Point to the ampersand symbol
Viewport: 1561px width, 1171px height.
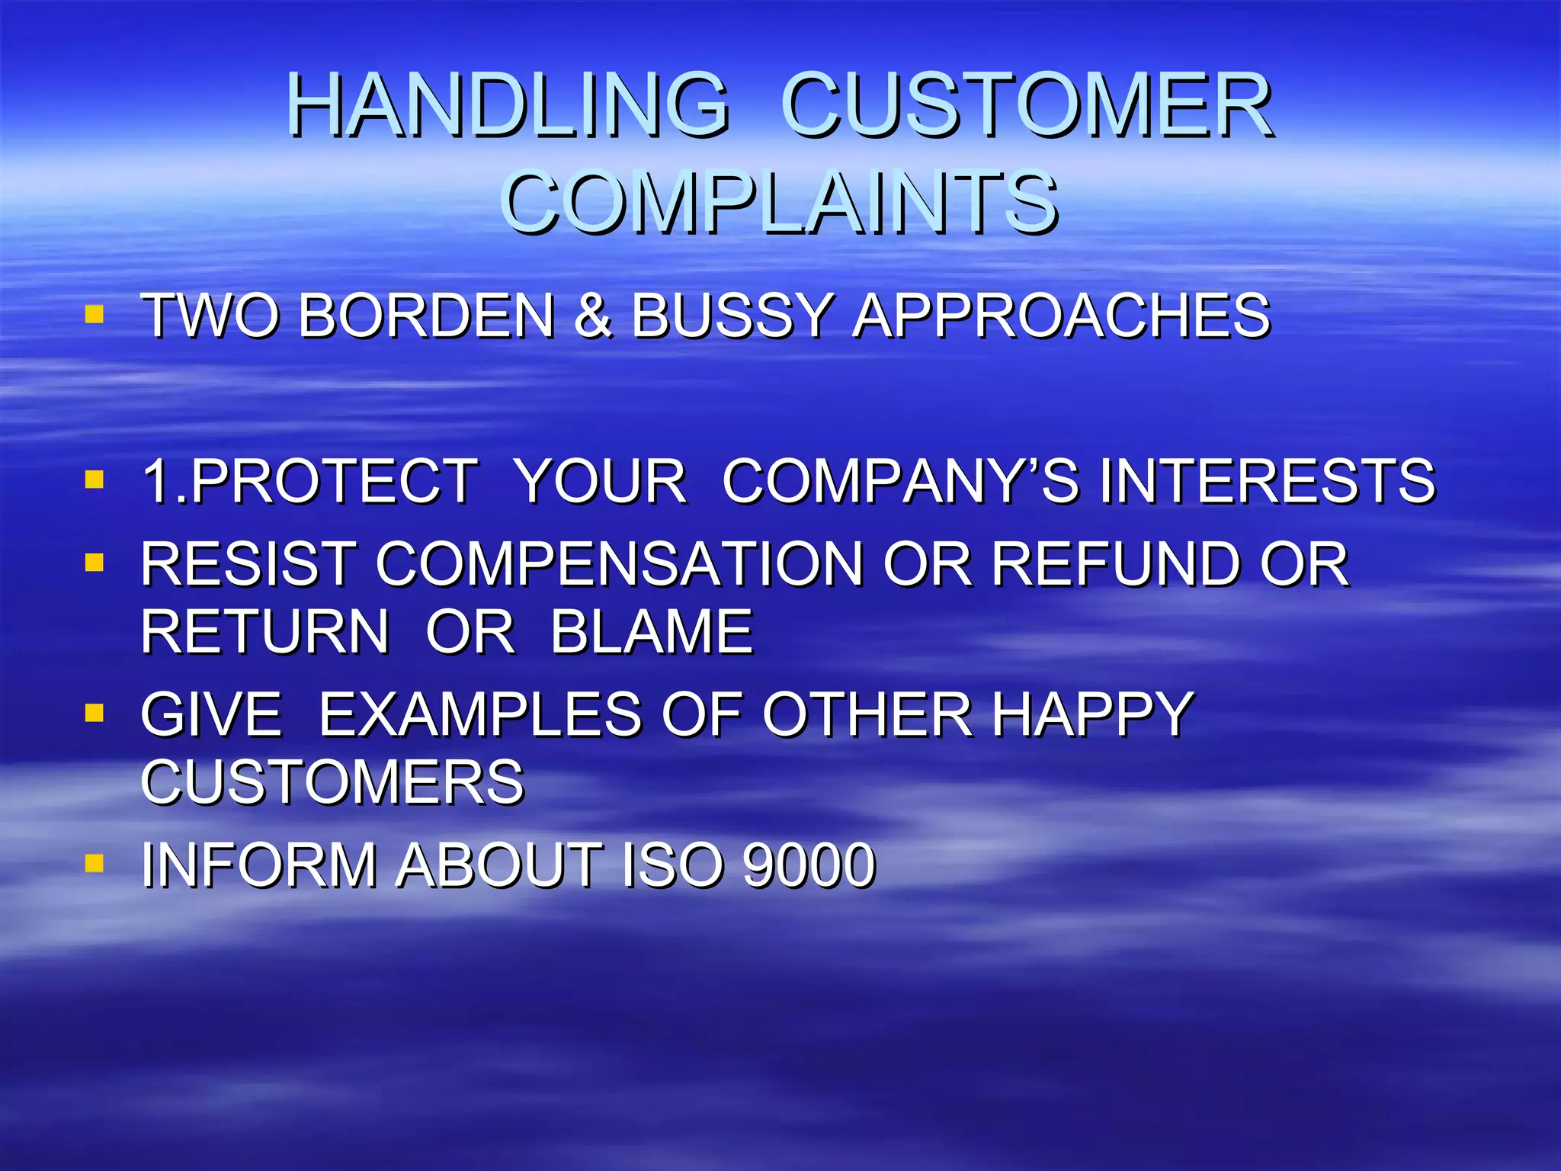click(x=593, y=316)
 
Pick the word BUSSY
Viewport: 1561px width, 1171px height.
click(x=732, y=316)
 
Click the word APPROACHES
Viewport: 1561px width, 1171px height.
click(x=1061, y=316)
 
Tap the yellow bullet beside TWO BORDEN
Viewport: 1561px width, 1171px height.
click(x=95, y=314)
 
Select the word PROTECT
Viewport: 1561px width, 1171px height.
click(x=334, y=481)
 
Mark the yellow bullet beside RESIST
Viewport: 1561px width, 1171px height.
click(x=95, y=563)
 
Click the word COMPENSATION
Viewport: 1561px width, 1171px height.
click(x=619, y=565)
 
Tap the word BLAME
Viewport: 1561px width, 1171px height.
click(x=652, y=632)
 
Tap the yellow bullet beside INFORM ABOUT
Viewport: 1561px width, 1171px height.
click(x=95, y=864)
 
